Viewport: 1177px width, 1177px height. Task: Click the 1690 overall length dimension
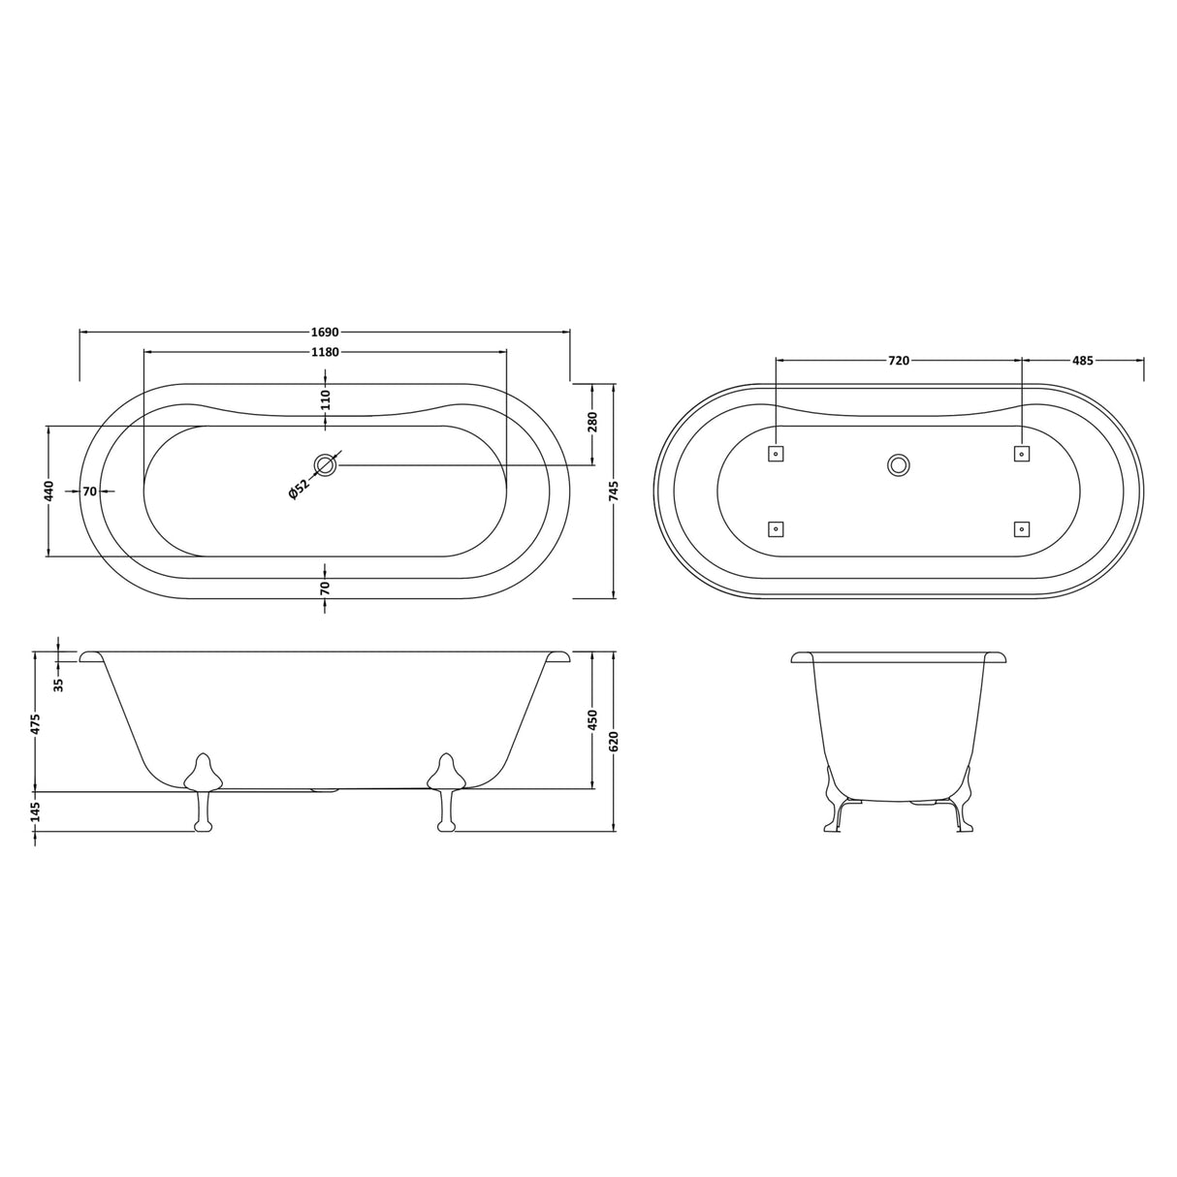325,332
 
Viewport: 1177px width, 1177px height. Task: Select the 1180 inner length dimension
325,352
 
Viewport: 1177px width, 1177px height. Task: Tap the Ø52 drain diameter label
299,491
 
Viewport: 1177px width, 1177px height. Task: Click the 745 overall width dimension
614,491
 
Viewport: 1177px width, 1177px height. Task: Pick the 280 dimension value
592,422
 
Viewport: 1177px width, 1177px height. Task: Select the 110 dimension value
326,398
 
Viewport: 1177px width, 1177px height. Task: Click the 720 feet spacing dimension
899,361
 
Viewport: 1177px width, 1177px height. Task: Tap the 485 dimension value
1083,361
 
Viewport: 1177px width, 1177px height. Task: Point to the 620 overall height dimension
614,742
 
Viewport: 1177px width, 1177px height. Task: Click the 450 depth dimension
592,720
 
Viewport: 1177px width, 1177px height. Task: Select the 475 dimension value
36,722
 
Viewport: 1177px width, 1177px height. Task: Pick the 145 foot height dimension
36,811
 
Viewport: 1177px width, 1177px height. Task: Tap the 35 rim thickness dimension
59,684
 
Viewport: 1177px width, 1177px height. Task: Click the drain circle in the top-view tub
325,465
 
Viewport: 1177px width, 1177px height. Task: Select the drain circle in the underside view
899,465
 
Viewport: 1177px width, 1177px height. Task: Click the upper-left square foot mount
776,453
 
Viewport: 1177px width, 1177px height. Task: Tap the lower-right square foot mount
1021,528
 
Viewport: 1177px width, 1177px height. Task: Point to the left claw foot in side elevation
203,790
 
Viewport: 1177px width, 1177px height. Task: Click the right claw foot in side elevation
447,790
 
